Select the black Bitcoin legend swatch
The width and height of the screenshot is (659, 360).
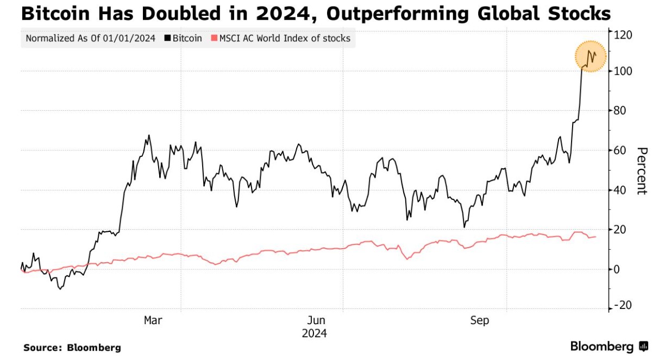tap(167, 39)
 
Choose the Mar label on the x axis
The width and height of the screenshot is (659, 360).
tap(153, 320)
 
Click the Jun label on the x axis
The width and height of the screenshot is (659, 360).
tap(316, 320)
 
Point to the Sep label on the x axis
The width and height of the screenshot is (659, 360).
tap(479, 320)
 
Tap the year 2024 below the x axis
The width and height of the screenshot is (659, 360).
tap(315, 333)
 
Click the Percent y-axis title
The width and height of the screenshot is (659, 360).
tap(642, 170)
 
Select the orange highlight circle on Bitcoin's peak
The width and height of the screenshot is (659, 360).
tap(592, 56)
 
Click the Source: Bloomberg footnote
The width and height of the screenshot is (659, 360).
tap(72, 348)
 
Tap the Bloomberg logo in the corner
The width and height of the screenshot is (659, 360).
tap(608, 346)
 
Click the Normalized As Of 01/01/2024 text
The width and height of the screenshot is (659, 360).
tap(90, 39)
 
